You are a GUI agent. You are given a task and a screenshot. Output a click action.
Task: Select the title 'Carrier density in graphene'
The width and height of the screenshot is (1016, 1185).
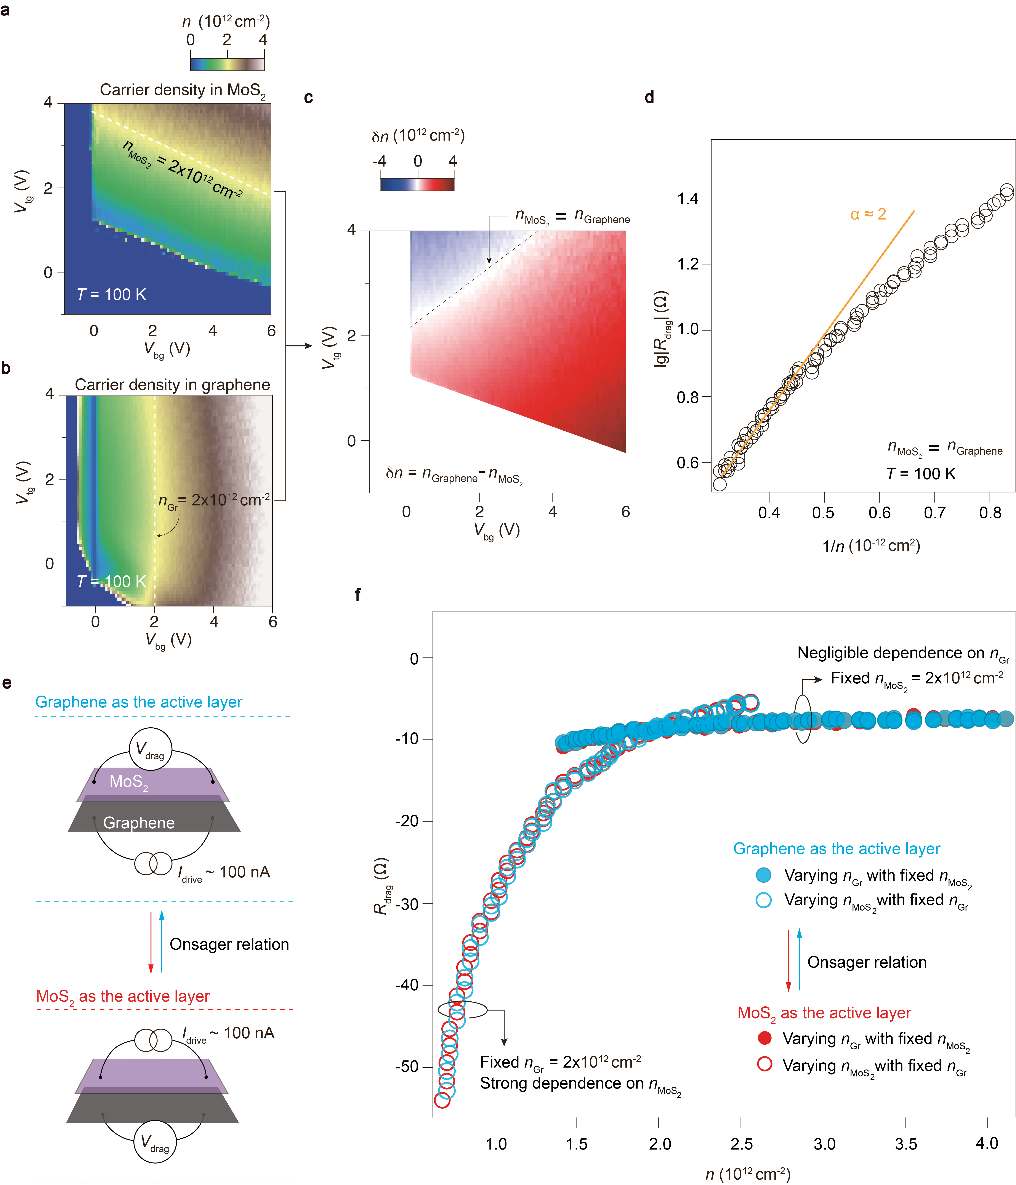click(x=172, y=385)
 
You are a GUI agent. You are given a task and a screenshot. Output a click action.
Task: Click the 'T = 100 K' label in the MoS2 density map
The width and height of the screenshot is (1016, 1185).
click(x=112, y=295)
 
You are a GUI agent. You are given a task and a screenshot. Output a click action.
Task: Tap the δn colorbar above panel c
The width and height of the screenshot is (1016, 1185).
click(x=417, y=184)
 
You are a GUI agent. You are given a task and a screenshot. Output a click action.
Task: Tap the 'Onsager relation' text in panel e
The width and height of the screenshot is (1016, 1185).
click(x=229, y=944)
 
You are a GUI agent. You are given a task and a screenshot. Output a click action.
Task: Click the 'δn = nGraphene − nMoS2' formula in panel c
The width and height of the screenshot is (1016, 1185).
click(x=454, y=474)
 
